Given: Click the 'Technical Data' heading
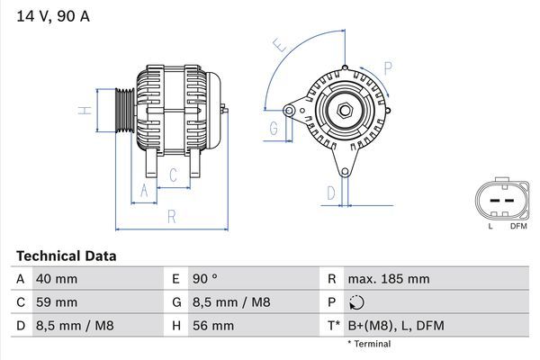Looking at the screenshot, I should pyautogui.click(x=66, y=256).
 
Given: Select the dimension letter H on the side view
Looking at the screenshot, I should pyautogui.click(x=83, y=111).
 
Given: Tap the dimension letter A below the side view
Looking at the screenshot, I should pyautogui.click(x=142, y=189).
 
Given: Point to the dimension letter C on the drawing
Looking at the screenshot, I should pyautogui.click(x=174, y=176).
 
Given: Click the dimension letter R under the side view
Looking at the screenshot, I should pyautogui.click(x=170, y=216).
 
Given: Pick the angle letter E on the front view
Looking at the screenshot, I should pyautogui.click(x=279, y=44).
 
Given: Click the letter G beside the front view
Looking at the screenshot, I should pyautogui.click(x=273, y=130).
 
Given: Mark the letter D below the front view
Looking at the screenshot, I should pyautogui.click(x=331, y=193).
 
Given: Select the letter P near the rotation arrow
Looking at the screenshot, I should pyautogui.click(x=387, y=67).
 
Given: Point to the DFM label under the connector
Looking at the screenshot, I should pyautogui.click(x=517, y=226).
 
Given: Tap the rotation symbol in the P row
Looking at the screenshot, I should pyautogui.click(x=358, y=302).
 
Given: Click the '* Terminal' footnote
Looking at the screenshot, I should pyautogui.click(x=369, y=344).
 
